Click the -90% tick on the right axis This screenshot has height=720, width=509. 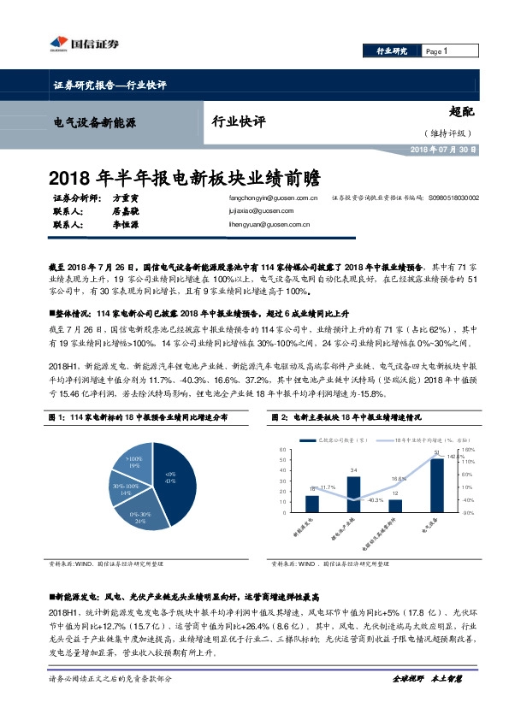pyautogui.click(x=468, y=513)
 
